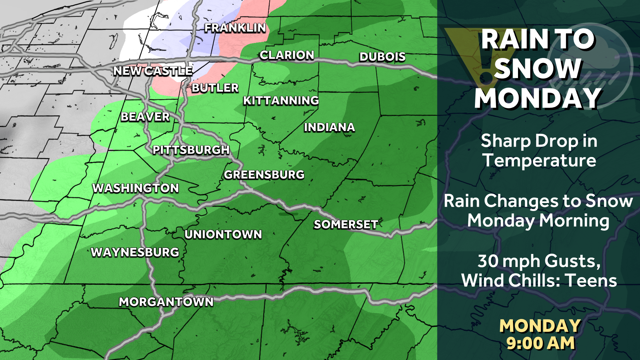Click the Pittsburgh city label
point(191,150)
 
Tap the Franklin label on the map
point(235,28)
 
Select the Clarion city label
point(287,55)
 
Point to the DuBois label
point(382,57)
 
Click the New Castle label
point(153,71)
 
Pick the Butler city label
point(215,88)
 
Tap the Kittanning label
point(281,100)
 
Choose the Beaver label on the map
point(145,117)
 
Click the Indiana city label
point(329,127)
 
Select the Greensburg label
point(264,175)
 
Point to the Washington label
point(135,188)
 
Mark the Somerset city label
point(346,225)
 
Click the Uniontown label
point(223,235)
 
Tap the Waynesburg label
point(135,252)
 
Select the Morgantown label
point(166,302)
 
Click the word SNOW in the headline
point(537,69)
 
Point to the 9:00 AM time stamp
point(540,343)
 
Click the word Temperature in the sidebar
point(539,160)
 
